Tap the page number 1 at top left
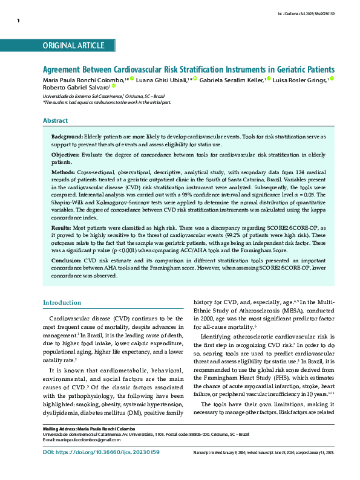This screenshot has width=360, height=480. point(19,21)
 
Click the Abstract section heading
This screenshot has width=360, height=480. point(55,121)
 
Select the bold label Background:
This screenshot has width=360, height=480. point(67,138)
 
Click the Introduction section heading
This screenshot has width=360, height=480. point(61,302)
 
